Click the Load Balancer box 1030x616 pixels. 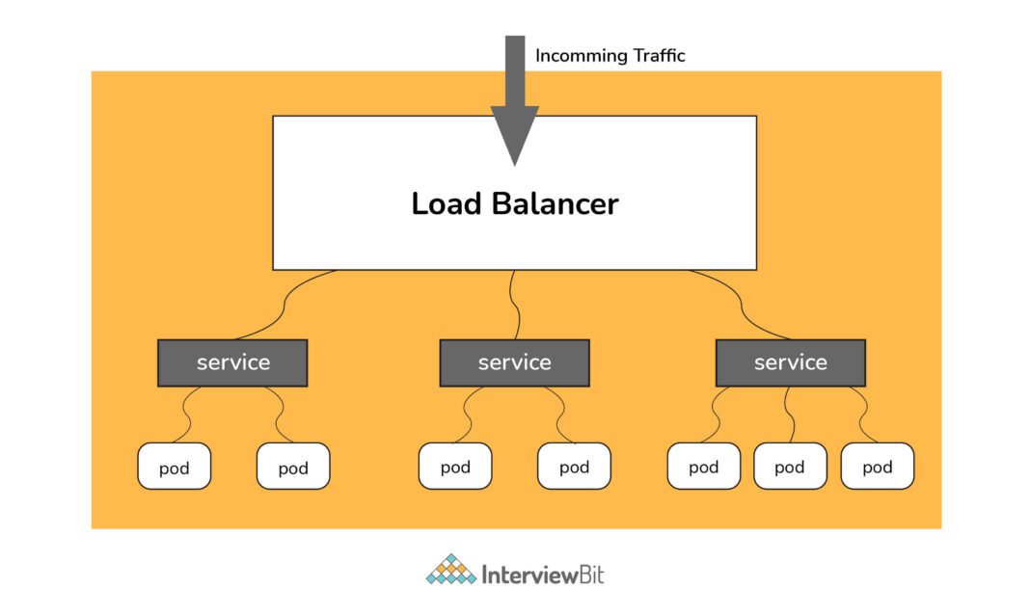[x=514, y=231]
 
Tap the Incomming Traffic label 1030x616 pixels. [x=610, y=56]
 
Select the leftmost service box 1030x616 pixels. [x=232, y=362]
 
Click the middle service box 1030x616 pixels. [x=514, y=362]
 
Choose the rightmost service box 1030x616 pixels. [x=790, y=362]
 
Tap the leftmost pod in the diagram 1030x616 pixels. [x=174, y=467]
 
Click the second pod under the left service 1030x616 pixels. [x=293, y=467]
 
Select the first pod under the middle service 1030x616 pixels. [x=455, y=467]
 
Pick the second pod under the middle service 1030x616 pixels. [x=574, y=467]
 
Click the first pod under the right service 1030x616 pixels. [x=704, y=467]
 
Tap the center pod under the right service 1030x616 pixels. [x=789, y=467]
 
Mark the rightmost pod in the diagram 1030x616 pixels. [x=877, y=467]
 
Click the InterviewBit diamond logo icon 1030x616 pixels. [x=451, y=571]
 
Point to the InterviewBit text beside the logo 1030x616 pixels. [x=543, y=576]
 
